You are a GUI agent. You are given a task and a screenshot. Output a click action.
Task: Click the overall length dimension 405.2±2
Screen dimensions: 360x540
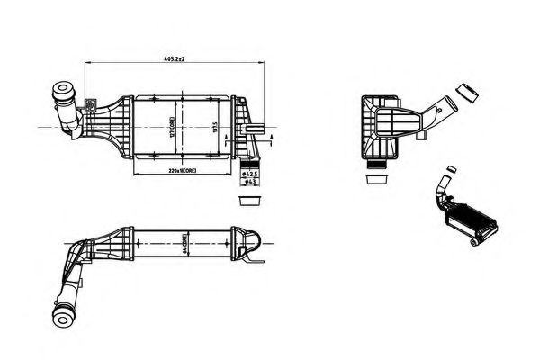174,58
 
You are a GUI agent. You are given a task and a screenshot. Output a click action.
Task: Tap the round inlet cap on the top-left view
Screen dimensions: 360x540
64,92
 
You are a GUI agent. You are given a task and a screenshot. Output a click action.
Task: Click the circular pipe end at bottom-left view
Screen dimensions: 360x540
65,317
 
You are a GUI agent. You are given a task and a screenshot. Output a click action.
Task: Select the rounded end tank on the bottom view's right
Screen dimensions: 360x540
255,240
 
